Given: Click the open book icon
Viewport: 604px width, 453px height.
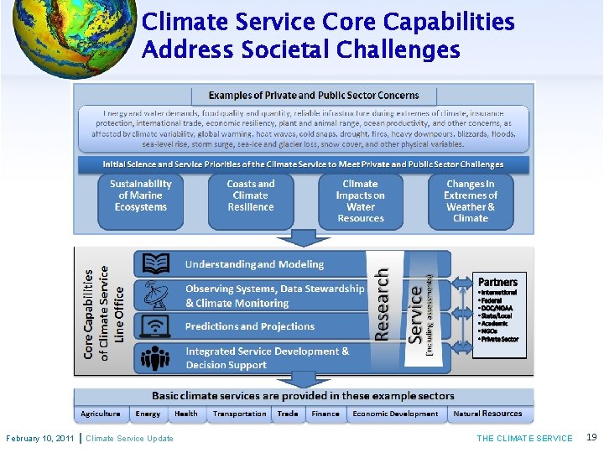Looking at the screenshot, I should pos(155,264).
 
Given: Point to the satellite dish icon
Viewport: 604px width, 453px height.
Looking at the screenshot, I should pos(155,295).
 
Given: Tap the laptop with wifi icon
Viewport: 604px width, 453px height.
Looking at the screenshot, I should pos(155,326).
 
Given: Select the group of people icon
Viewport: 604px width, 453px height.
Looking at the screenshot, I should pos(155,358).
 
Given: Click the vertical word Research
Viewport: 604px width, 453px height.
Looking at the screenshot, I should pos(382,304).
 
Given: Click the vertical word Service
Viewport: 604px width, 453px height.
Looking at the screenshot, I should pos(415,312).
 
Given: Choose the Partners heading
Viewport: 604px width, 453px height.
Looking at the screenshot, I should pos(497,282).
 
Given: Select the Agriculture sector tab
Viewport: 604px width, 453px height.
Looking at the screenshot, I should pos(101,414).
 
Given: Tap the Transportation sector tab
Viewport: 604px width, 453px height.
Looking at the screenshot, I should pos(239,414).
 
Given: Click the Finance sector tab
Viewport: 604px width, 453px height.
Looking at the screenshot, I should pos(325,414).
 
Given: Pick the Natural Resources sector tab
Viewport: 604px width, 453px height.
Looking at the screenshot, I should pos(487,414).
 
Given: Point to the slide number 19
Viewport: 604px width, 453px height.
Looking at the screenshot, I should pos(591,438).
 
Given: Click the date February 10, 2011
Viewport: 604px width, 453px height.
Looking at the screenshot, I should pos(39,439).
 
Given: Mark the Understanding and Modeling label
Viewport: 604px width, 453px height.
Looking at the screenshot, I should pos(254,264).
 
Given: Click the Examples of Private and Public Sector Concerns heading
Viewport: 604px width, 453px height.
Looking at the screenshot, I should pos(314,95).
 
